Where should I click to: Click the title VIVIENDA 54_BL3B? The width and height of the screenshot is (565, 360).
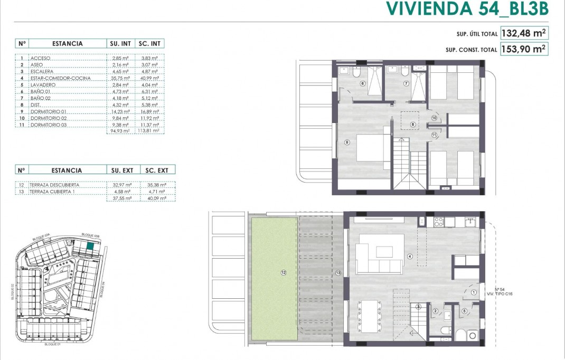[x=467, y=9]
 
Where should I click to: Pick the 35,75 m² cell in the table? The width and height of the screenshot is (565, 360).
[x=121, y=78]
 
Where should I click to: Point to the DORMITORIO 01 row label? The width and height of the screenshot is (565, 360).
[x=49, y=111]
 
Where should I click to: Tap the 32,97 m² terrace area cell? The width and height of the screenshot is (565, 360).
[x=121, y=185]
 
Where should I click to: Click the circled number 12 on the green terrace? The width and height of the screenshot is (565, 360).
[x=284, y=272]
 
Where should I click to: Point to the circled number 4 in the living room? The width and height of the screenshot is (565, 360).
[x=410, y=257]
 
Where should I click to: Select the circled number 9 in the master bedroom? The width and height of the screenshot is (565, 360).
[x=347, y=141]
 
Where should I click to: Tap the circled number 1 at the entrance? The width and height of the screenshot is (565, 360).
[x=474, y=292]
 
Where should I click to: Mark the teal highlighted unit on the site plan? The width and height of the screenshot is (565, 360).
[x=91, y=245]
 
